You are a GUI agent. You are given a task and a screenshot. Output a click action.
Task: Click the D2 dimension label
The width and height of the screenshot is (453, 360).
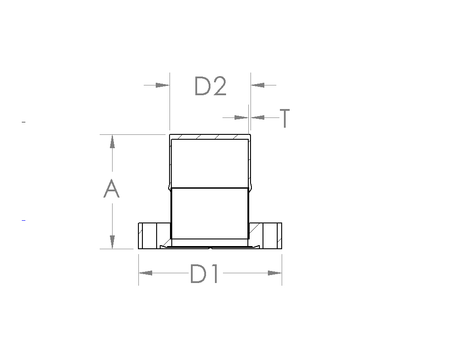pos(210,86)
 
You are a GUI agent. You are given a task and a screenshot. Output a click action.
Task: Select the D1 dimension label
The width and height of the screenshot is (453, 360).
pos(204,274)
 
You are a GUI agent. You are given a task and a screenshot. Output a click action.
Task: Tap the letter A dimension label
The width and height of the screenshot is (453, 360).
pos(112,189)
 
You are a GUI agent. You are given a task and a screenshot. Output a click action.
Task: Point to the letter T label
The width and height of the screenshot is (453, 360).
pos(284,118)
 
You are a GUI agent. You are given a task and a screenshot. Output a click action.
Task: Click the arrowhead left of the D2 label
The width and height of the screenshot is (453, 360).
pos(162,85)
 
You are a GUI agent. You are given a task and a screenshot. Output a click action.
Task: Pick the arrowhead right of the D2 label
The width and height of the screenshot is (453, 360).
pos(258,85)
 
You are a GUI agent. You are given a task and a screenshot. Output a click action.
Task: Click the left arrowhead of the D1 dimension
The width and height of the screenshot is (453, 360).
pos(146,273)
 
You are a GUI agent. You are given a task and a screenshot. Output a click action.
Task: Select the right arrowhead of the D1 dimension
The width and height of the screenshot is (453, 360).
pos(275,273)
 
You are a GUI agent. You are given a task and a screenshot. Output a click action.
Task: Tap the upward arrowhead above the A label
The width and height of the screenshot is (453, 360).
pos(113,141)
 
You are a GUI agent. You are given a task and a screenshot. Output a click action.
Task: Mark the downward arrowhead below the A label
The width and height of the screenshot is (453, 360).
pos(113,242)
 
